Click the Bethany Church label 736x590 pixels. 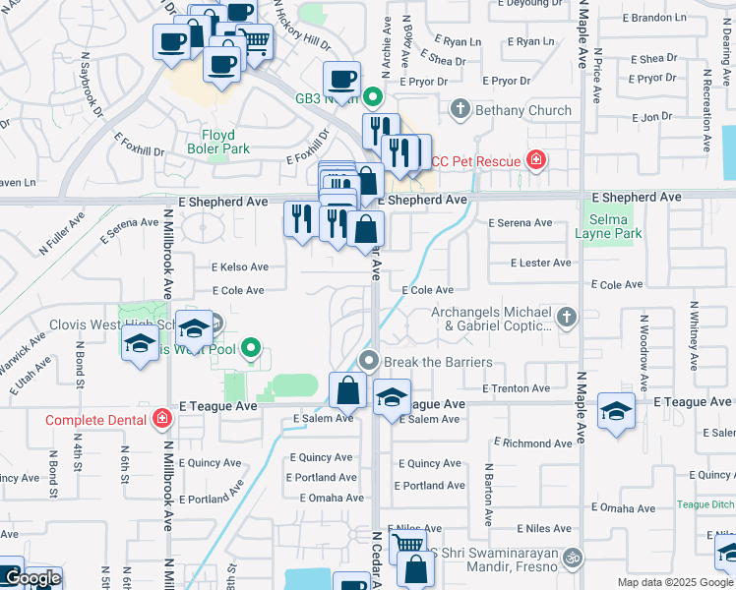click(522, 110)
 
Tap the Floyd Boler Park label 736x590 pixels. click(217, 142)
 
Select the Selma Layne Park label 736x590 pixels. click(614, 225)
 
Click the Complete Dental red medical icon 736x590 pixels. click(162, 420)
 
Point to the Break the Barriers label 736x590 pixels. click(438, 362)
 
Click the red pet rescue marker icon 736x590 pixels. click(536, 160)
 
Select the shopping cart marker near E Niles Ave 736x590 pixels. click(407, 544)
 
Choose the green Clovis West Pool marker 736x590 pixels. click(252, 347)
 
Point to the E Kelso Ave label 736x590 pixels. click(239, 266)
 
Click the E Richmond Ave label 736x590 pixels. click(537, 443)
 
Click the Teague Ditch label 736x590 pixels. click(705, 503)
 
